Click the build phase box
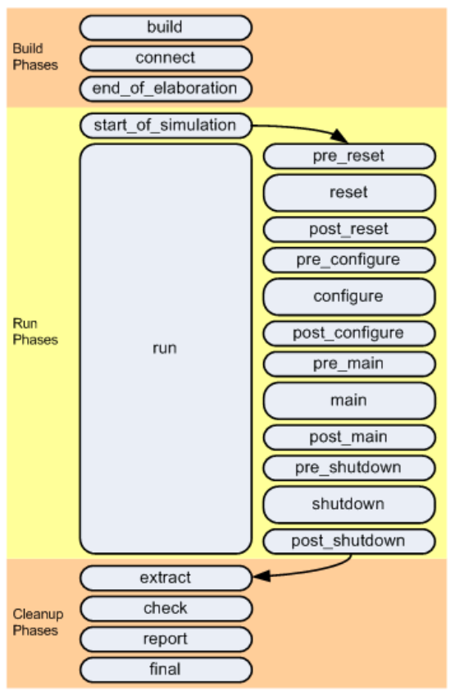165,28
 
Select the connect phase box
165,58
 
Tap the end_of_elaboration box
165,89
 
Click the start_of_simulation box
165,126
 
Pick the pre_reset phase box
348,156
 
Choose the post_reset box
348,229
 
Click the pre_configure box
348,260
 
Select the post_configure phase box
348,333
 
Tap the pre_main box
348,364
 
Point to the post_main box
348,437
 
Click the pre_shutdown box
348,468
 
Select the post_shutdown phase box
348,541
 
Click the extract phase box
165,578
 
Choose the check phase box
165,608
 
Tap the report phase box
165,638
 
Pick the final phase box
165,669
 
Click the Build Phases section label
35,57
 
